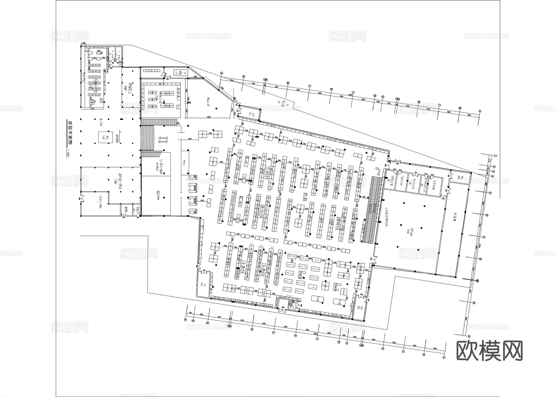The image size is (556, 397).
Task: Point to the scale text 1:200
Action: (x=68, y=153)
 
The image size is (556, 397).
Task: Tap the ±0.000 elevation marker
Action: (x=117, y=137)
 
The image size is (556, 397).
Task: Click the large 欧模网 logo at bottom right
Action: (x=489, y=351)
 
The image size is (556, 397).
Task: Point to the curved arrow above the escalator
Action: (x=377, y=170)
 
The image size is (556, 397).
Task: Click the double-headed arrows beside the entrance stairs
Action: (x=163, y=140)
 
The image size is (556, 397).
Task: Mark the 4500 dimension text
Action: (x=195, y=76)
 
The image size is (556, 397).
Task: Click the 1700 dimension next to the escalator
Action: (x=364, y=196)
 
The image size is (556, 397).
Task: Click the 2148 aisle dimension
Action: (x=290, y=162)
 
